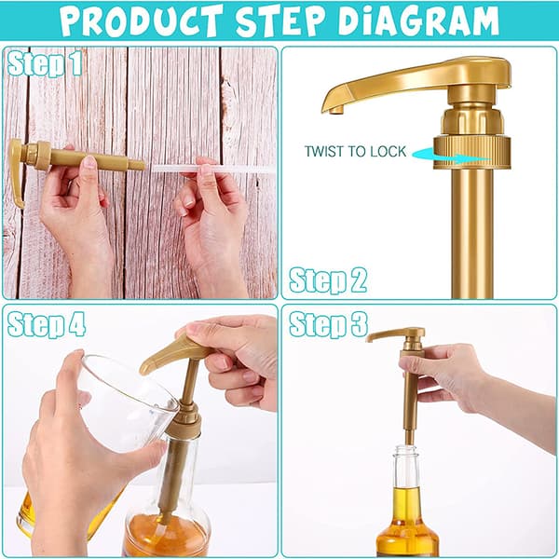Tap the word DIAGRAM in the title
click(x=418, y=20)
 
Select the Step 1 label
click(x=45, y=63)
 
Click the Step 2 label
click(x=328, y=280)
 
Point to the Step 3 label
click(x=328, y=324)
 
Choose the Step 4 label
click(x=47, y=324)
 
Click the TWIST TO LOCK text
click(x=356, y=152)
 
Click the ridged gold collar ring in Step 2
click(x=471, y=152)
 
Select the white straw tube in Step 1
click(x=211, y=169)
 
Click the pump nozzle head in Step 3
click(x=397, y=334)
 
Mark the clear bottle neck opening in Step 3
click(x=406, y=450)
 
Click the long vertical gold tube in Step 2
click(x=472, y=234)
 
